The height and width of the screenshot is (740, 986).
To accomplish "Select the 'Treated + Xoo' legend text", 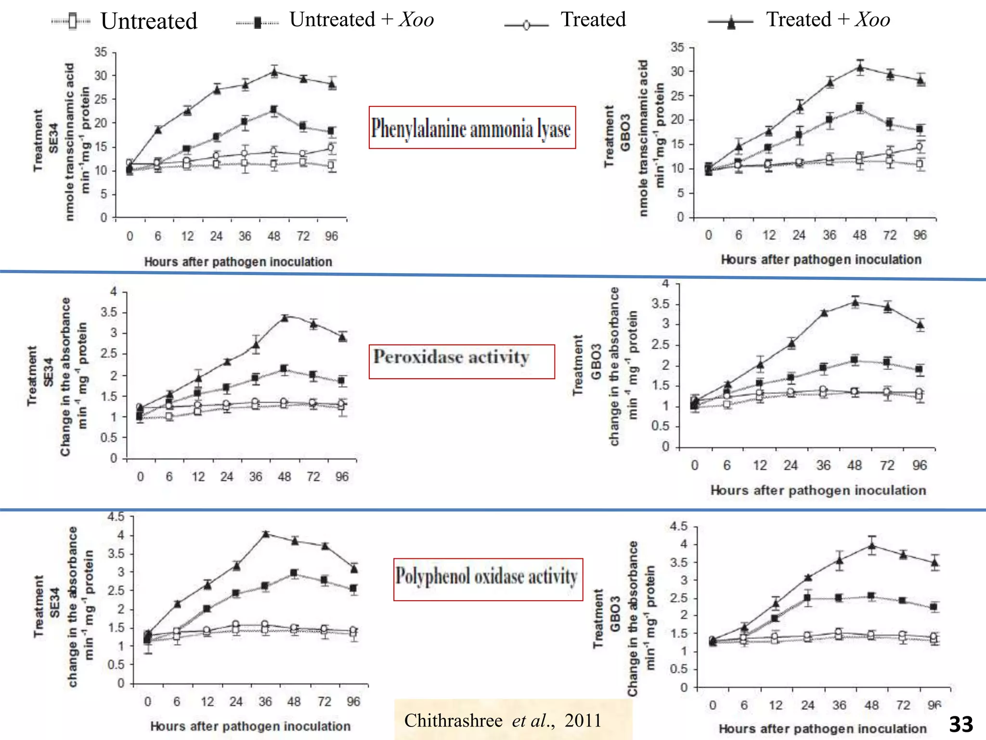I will click(x=828, y=20).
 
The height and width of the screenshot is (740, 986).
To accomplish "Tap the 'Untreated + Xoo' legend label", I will click(x=361, y=20).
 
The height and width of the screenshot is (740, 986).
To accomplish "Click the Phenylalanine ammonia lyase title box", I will click(x=472, y=128).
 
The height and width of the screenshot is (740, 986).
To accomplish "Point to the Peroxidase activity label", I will click(x=452, y=357).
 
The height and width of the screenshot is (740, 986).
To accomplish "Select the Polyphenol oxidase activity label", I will click(x=487, y=577).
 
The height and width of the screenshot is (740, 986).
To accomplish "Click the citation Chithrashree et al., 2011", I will click(x=503, y=720).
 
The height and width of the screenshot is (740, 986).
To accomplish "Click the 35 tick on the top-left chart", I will click(x=101, y=52).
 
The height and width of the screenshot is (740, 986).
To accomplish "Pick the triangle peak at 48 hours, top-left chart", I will click(x=274, y=73).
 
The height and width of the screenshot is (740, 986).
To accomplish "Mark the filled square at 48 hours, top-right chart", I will click(x=859, y=108).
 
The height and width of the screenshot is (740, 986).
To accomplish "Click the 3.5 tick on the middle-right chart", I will click(x=660, y=304).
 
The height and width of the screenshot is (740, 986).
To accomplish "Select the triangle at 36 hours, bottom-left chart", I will click(x=266, y=534).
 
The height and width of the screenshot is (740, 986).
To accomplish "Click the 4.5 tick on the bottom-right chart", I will click(x=678, y=526).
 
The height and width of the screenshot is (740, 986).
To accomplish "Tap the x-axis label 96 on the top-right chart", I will click(x=920, y=235).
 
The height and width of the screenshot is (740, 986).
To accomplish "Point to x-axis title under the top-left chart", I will click(x=238, y=262).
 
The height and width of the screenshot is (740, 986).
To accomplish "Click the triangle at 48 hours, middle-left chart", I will click(x=285, y=317).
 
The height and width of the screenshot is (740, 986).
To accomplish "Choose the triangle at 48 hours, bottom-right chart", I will click(x=871, y=546).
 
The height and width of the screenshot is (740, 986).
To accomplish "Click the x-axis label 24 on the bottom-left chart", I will click(x=236, y=701).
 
